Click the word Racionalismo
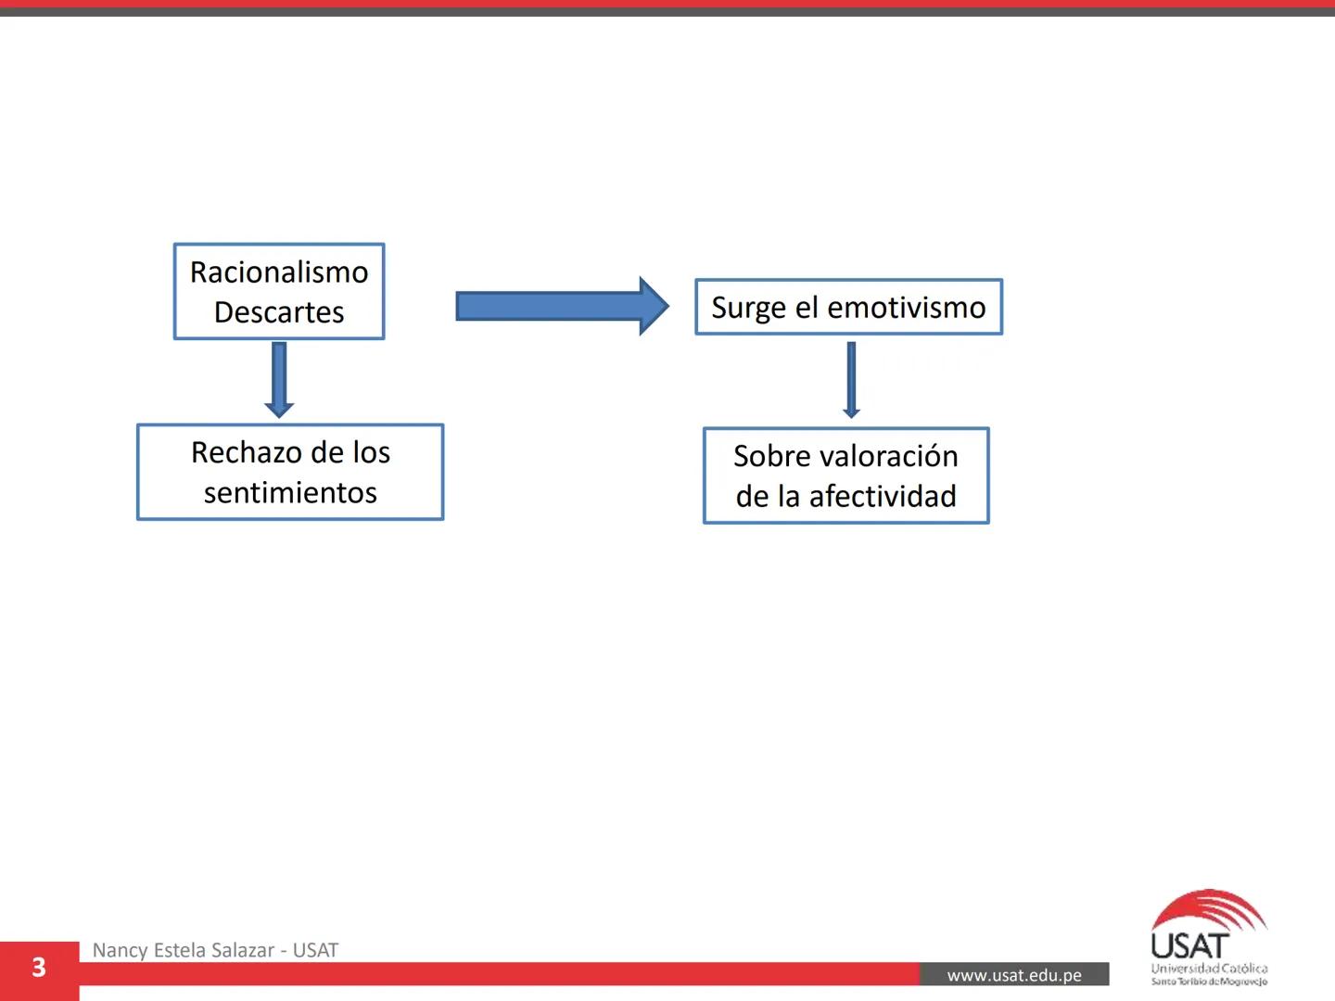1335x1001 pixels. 279,272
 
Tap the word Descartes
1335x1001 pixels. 279,312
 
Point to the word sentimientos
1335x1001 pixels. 290,492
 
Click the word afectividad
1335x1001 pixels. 883,497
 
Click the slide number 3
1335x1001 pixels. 39,968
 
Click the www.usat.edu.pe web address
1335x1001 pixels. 1014,975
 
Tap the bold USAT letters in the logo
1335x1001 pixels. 1189,946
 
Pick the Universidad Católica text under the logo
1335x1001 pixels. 1209,969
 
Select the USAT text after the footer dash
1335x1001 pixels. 315,950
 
